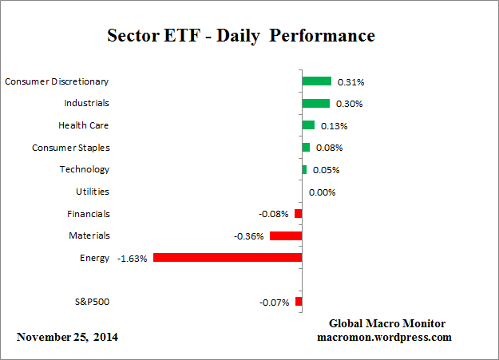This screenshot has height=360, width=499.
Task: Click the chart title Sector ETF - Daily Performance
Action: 240,36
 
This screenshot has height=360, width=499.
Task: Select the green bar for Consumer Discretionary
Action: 316,81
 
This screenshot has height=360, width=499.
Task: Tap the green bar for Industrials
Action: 315,103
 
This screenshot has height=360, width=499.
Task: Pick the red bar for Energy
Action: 228,258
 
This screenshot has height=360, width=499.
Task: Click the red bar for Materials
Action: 286,235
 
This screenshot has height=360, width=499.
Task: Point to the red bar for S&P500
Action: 299,302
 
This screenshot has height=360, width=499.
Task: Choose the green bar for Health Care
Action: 308,125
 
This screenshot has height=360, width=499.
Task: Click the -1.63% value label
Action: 132,259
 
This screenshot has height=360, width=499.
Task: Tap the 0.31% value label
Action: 350,81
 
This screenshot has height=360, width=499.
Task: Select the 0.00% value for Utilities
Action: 322,192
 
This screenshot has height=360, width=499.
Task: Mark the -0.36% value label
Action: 249,236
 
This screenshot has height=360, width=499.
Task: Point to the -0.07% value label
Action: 275,303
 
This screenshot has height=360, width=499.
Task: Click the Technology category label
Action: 85,169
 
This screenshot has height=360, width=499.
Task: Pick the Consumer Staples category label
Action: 71,148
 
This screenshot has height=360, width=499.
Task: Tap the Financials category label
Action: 89,214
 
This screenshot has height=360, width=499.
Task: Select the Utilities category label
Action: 93,192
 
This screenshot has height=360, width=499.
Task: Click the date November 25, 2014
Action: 67,337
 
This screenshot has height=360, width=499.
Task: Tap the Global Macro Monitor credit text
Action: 387,323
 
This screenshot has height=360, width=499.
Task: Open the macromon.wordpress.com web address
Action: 387,337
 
